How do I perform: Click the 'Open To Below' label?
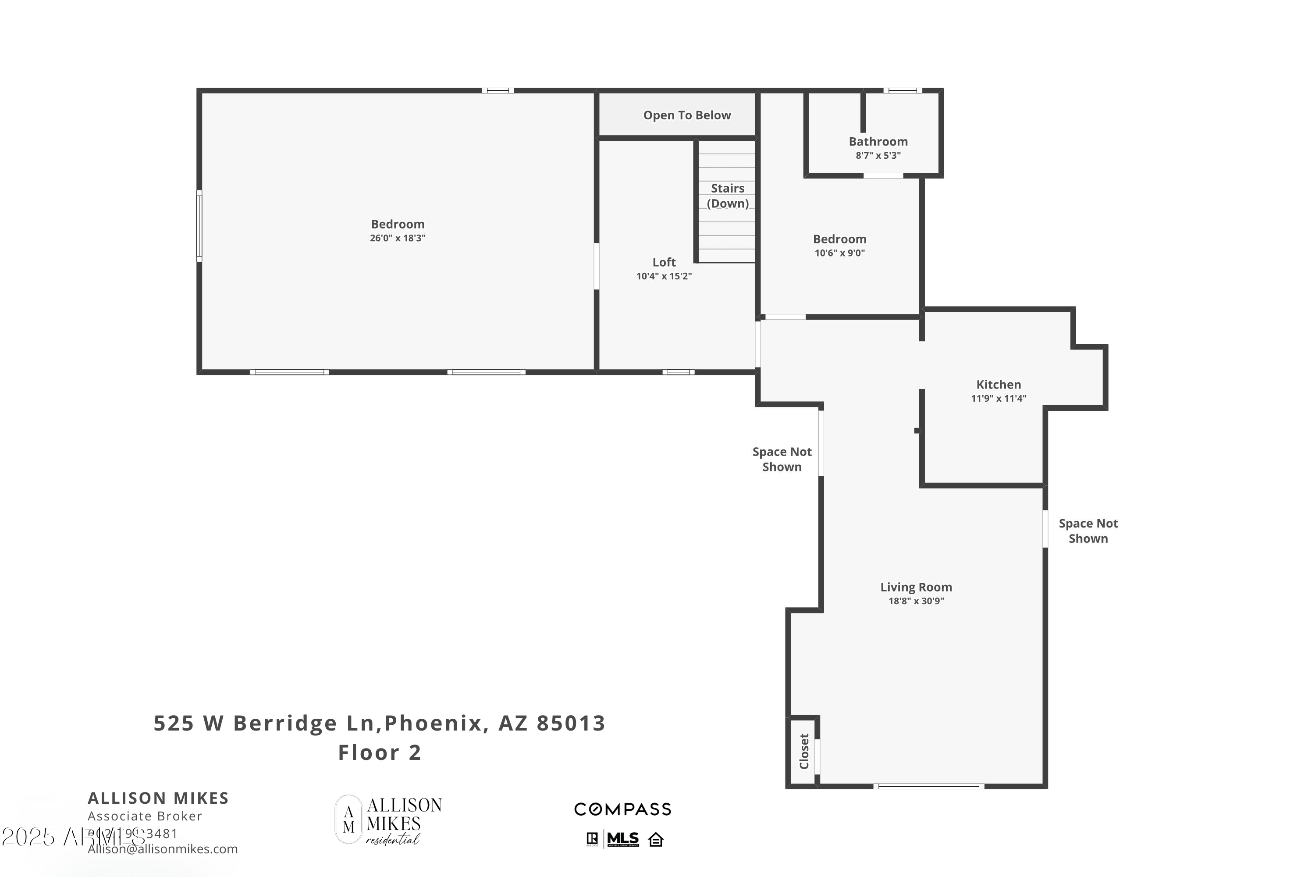point(686,115)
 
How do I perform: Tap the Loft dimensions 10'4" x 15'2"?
point(664,276)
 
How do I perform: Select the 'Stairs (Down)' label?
point(727,196)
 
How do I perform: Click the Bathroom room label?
point(878,142)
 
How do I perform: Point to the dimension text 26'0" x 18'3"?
point(398,238)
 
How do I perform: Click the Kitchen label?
point(999,384)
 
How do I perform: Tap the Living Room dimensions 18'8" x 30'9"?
point(916,601)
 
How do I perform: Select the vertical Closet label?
point(804,751)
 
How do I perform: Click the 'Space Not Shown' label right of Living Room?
point(1088,531)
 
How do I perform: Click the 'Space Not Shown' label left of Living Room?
point(782,459)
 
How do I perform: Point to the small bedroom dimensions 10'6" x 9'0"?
point(839,253)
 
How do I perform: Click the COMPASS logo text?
point(622,809)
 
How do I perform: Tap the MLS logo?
point(622,839)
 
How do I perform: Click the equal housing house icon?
point(656,840)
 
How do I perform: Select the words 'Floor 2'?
point(380,752)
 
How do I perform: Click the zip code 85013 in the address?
point(571,723)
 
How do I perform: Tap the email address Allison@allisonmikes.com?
point(163,849)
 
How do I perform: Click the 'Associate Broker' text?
point(145,816)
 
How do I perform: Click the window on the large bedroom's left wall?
point(199,226)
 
